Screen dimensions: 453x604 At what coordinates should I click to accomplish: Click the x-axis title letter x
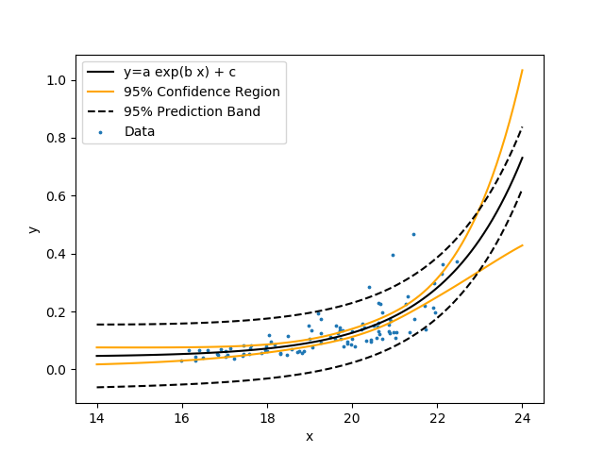click(x=310, y=436)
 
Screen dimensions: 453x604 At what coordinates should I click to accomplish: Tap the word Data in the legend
click(x=140, y=131)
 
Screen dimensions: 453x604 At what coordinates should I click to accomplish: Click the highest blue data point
click(x=413, y=235)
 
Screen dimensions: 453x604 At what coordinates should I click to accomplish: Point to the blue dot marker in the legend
click(x=101, y=132)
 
